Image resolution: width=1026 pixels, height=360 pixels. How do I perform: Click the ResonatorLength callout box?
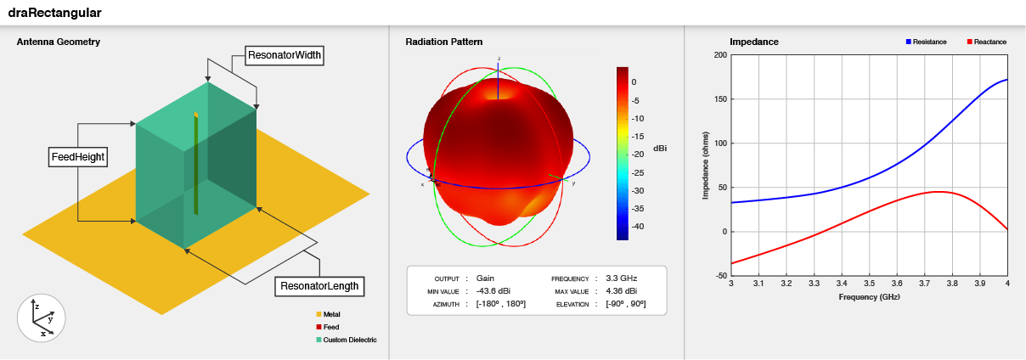319,286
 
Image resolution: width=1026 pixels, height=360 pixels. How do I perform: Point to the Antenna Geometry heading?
59,42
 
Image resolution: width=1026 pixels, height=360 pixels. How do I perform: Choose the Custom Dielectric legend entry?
346,340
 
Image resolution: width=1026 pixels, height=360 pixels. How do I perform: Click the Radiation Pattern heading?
444,42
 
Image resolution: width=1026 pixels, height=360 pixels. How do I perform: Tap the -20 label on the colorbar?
639,155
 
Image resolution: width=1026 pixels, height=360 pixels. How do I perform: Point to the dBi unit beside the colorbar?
660,148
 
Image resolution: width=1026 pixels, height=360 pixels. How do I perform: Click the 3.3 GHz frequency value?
621,278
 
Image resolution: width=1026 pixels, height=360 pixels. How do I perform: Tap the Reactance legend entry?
986,42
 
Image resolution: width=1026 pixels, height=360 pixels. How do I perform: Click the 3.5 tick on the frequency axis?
869,284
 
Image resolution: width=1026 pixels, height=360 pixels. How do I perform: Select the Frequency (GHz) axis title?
869,297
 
